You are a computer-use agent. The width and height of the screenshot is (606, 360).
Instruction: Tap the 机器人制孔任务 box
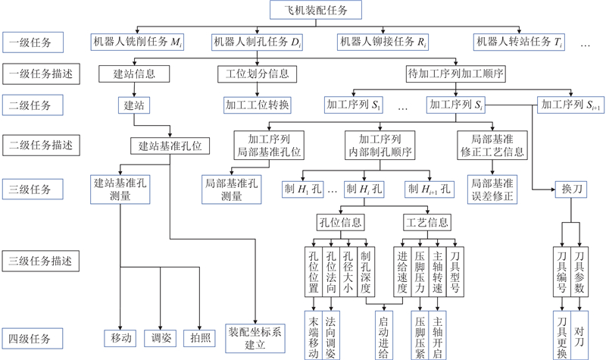pos(259,42)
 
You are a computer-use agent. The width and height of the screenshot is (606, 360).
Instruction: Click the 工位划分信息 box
pos(257,74)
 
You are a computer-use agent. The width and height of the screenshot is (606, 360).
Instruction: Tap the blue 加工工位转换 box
pos(258,104)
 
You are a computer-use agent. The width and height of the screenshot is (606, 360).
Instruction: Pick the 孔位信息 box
pos(340,223)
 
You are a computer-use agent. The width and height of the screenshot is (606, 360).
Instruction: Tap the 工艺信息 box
pos(426,223)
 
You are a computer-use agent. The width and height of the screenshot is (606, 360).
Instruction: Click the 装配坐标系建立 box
pos(258,338)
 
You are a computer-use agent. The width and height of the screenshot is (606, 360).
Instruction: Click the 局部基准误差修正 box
pos(492,189)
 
